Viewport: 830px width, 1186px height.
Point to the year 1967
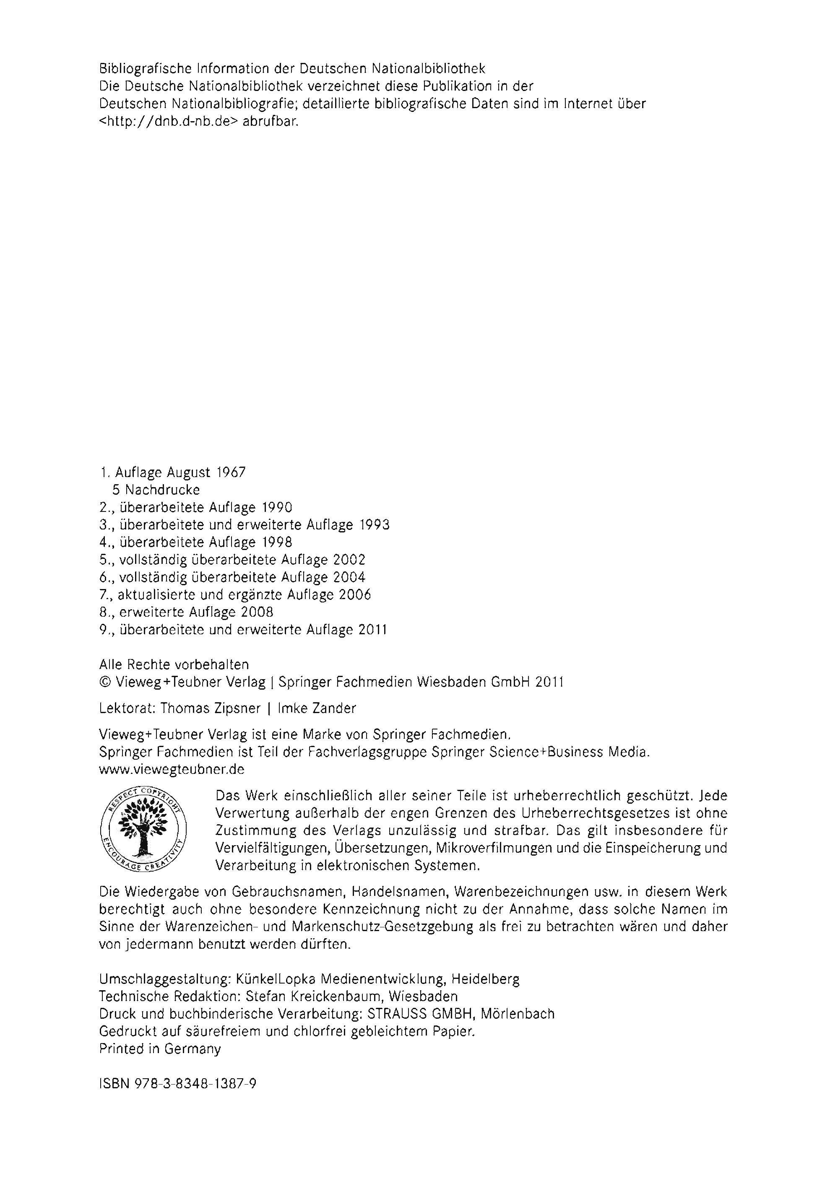click(x=231, y=472)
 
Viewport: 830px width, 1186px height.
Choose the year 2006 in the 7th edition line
click(x=356, y=595)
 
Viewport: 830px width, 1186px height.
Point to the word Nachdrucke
click(x=162, y=490)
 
